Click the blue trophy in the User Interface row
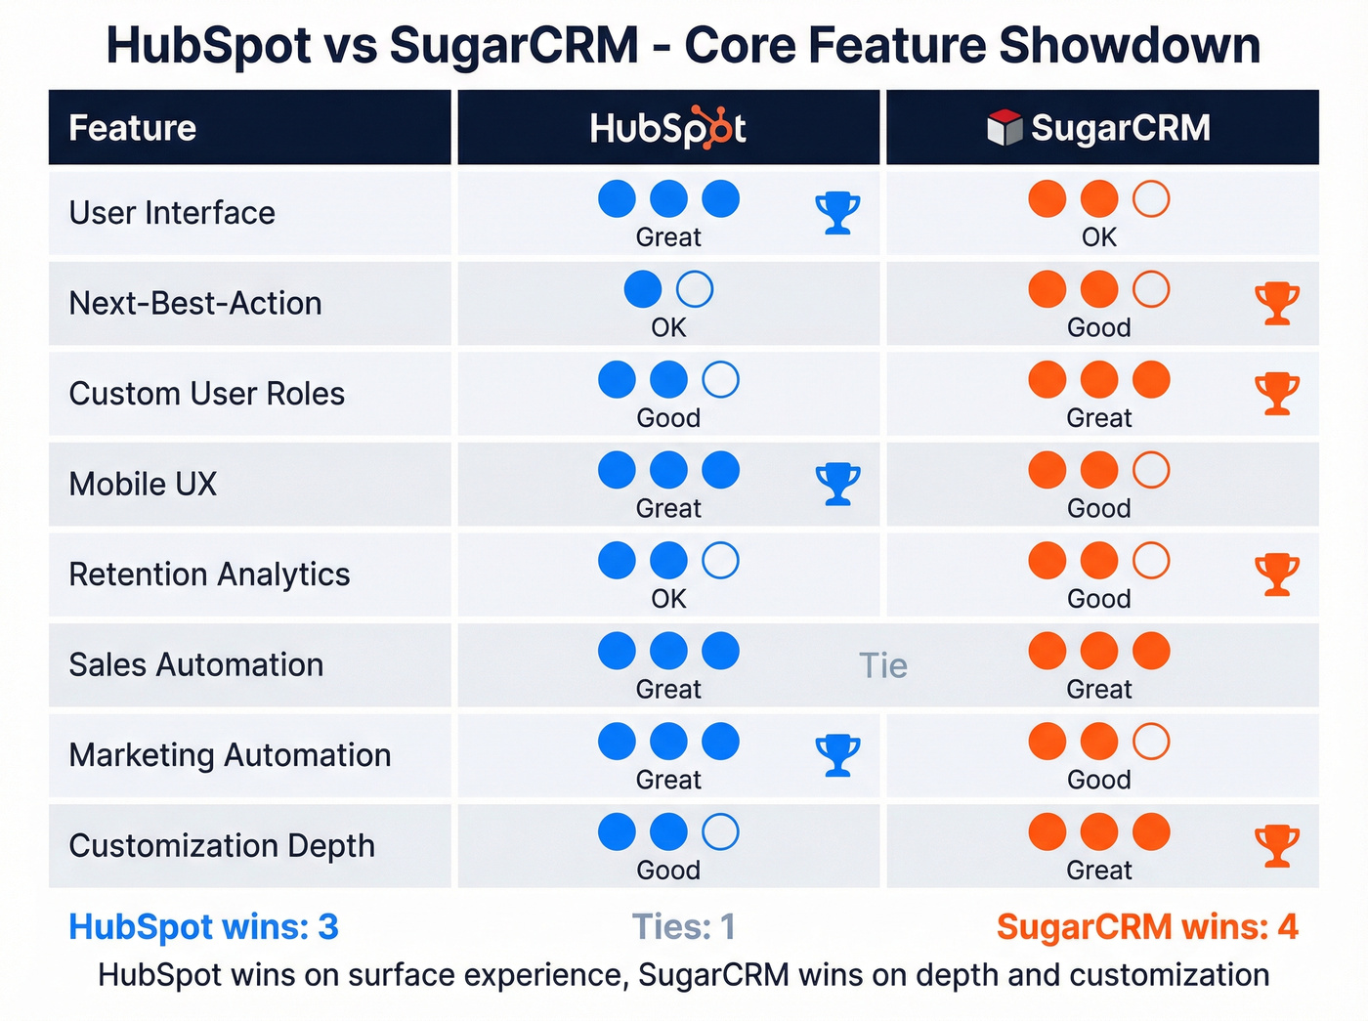tap(837, 212)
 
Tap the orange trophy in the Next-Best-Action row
tap(1276, 303)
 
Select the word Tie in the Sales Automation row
tap(883, 665)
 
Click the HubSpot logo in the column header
tap(668, 128)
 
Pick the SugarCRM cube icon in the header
tap(1004, 128)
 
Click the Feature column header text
tap(133, 128)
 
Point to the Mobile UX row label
tap(143, 484)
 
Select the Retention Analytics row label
tap(209, 574)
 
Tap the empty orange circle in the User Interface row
tap(1150, 199)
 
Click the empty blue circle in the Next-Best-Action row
tap(695, 289)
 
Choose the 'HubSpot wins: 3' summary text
tap(203, 926)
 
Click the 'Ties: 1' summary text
tap(683, 926)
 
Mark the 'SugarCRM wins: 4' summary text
tap(1147, 926)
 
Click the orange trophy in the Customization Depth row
tap(1276, 846)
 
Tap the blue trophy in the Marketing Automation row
tap(837, 755)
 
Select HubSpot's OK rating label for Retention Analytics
tap(668, 599)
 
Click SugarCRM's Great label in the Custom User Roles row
tap(1098, 418)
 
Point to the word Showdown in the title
tap(1130, 45)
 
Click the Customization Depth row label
tap(222, 846)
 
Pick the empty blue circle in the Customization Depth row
tap(720, 832)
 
